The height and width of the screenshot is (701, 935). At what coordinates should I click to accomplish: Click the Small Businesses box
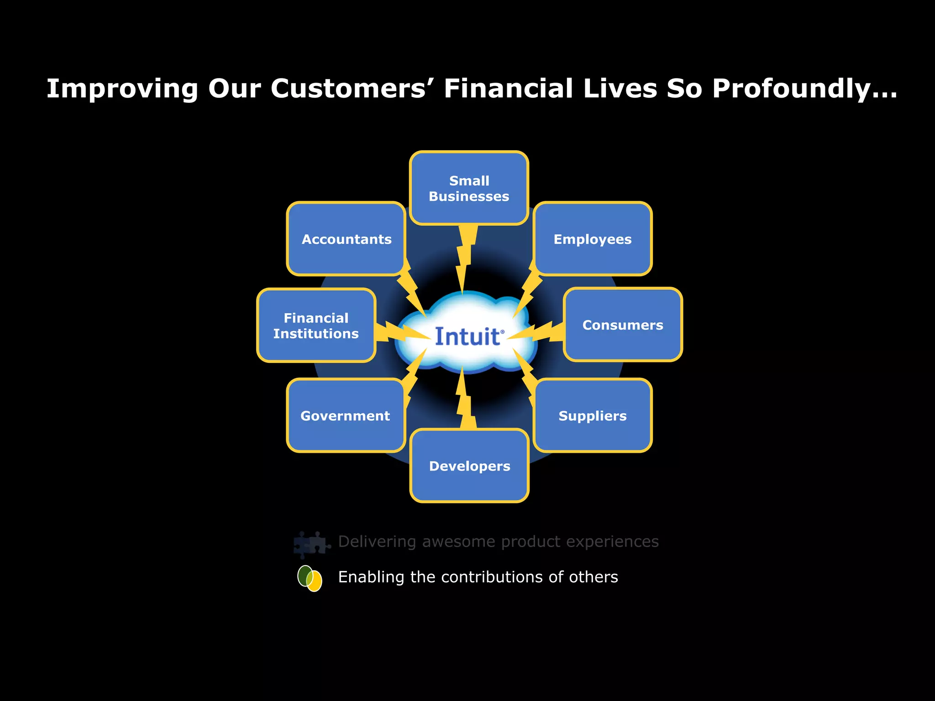coord(469,188)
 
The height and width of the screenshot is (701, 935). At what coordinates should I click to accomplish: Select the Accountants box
coord(346,239)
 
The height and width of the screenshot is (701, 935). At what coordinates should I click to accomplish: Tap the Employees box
coord(593,239)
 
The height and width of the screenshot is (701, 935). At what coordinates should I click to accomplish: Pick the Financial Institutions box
coord(316,325)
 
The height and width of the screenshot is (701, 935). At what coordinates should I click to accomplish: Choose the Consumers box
coord(623,324)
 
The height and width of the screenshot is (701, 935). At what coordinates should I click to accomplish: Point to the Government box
coord(346,415)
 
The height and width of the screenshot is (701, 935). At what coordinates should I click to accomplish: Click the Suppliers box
coord(593,415)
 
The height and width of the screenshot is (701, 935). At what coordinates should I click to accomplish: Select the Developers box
coord(469,466)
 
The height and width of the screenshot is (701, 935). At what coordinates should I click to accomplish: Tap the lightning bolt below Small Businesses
coord(465,256)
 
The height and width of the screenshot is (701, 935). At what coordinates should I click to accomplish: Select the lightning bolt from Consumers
coord(539,332)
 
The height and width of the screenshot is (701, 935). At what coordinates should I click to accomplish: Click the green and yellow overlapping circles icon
coord(310,578)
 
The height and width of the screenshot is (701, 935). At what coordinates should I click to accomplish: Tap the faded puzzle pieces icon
coord(311,544)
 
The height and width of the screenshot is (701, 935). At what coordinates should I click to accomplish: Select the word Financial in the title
coord(508,89)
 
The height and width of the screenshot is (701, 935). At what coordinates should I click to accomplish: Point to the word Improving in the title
coord(122,89)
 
